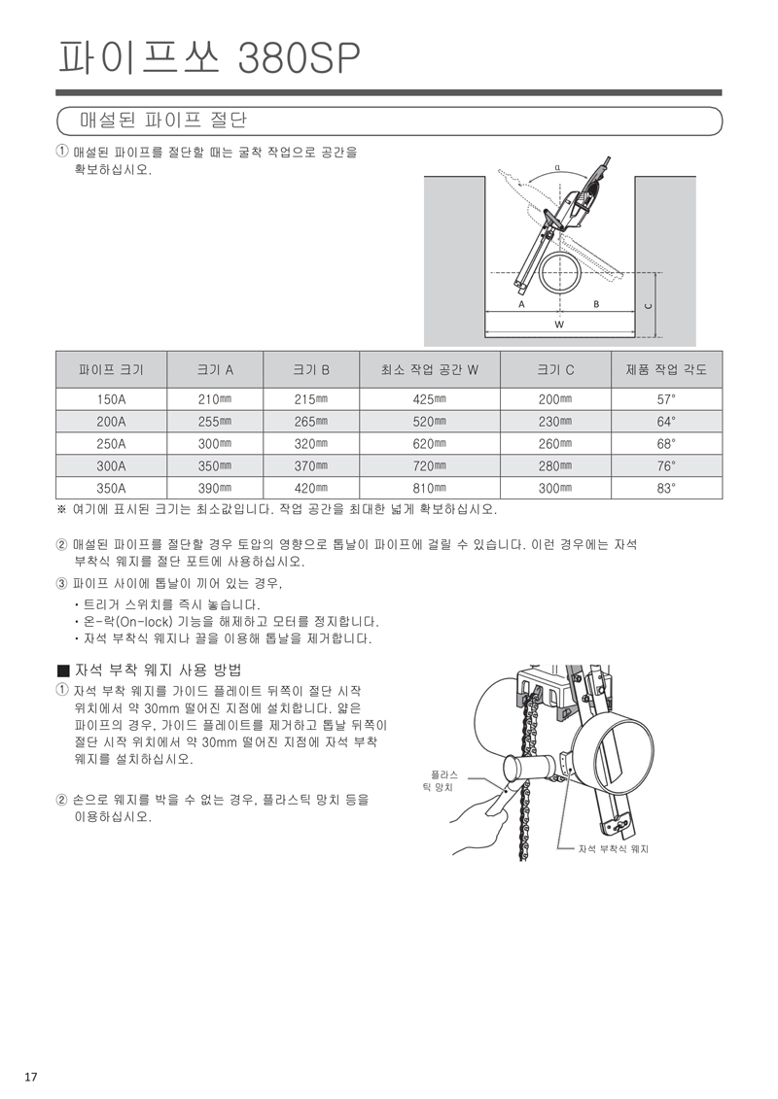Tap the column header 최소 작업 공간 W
431,369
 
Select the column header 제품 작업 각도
665,369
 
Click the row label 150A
112,399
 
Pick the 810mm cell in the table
431,489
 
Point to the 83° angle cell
665,489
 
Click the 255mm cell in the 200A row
215,422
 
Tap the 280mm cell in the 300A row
554,466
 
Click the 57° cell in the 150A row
665,399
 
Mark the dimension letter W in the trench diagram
559,325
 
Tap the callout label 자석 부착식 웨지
613,848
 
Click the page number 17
31,1077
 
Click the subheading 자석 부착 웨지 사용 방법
158,670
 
